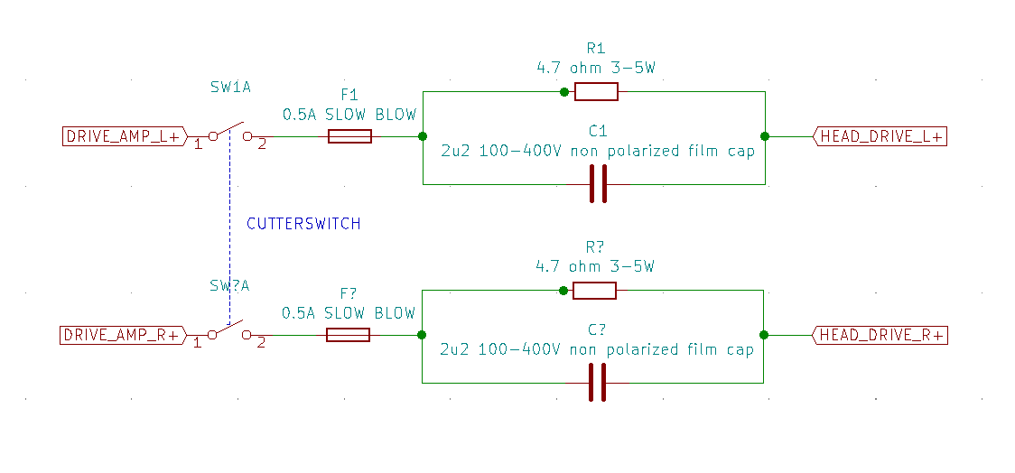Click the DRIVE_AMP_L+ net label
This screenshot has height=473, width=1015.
coord(123,137)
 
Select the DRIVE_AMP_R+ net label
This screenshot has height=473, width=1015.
coord(123,336)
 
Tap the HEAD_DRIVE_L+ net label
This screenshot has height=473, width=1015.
coord(880,137)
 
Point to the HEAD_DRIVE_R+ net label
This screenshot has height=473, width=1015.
coord(880,336)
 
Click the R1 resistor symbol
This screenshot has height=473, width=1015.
coord(596,91)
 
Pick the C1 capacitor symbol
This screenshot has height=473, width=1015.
coord(597,185)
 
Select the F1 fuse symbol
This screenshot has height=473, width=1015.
coord(349,136)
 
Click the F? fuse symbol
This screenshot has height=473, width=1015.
coord(348,335)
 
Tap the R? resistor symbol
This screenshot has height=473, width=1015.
coord(594,291)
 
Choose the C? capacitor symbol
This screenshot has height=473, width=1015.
coord(596,383)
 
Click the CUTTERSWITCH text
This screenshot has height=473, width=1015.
coord(303,224)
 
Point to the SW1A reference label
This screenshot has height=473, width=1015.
coord(230,88)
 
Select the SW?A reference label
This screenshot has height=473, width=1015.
coord(229,286)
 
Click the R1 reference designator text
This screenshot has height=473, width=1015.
coord(595,49)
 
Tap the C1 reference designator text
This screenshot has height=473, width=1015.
coord(597,131)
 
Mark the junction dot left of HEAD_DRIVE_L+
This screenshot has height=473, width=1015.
coord(765,136)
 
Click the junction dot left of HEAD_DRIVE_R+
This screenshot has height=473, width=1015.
coord(764,335)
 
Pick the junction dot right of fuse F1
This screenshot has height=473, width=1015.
coord(423,136)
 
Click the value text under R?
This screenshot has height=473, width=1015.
coord(594,267)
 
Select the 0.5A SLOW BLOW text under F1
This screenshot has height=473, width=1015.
coord(349,116)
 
